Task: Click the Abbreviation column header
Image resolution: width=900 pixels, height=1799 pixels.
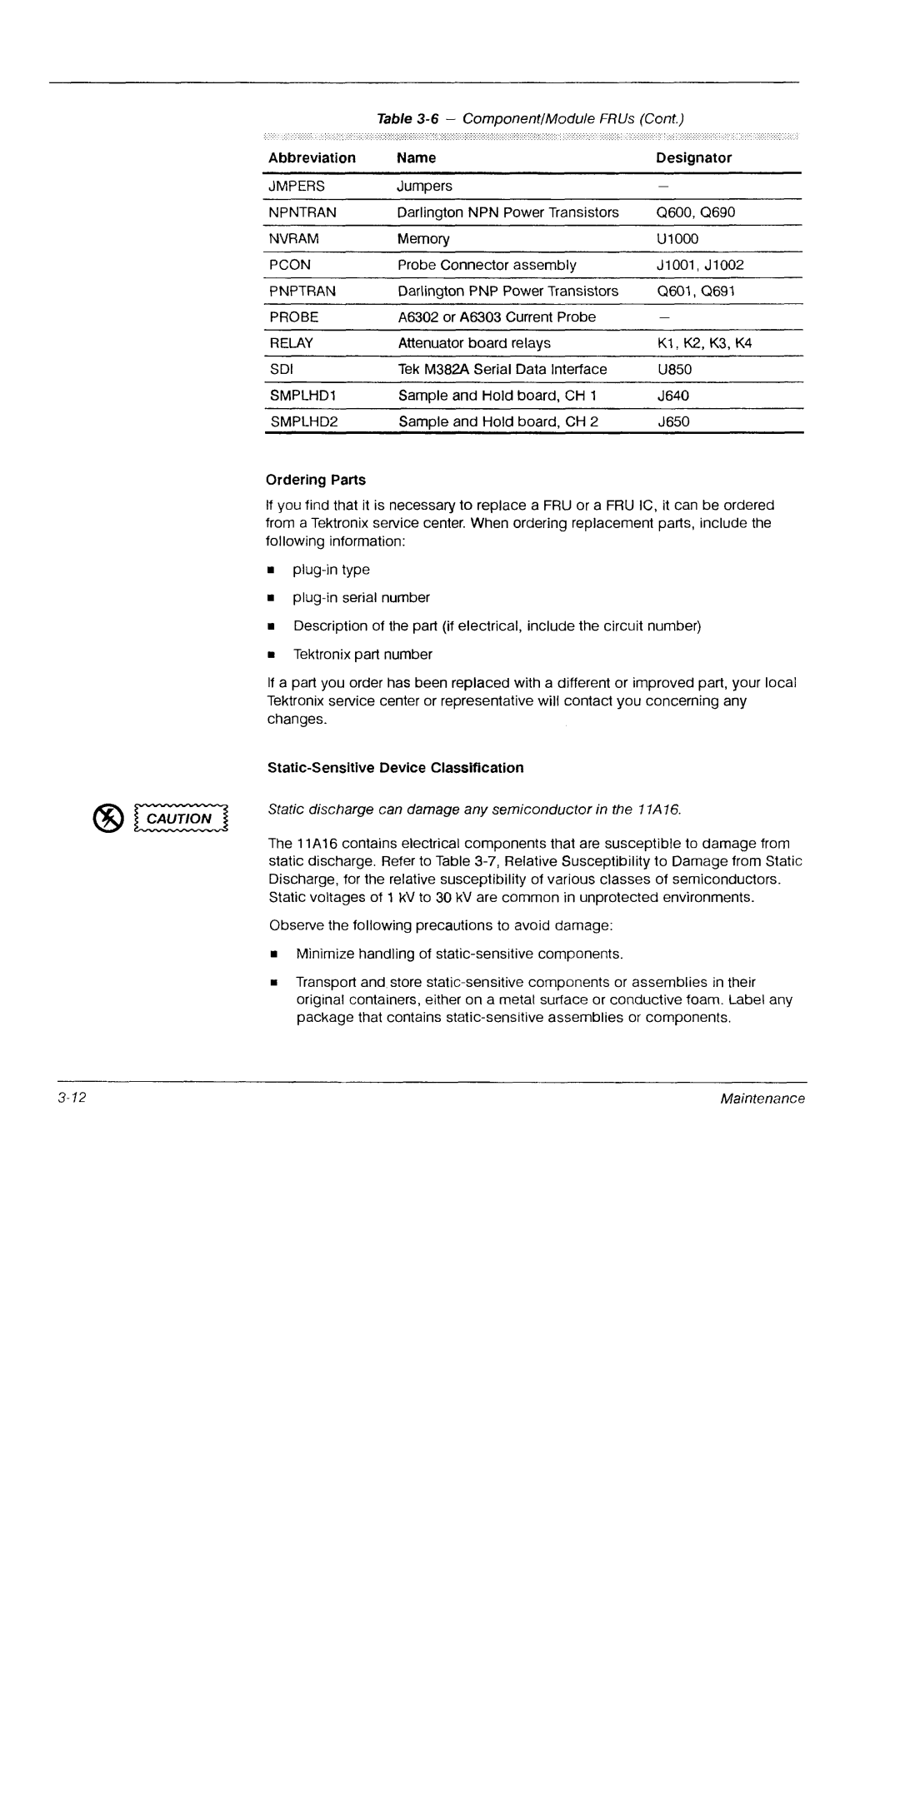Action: click(312, 158)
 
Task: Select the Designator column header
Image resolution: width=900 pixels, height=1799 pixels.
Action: click(693, 158)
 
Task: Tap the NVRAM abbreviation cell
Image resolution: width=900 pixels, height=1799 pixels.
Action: click(293, 239)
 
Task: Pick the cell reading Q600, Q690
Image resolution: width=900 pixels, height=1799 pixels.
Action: click(696, 212)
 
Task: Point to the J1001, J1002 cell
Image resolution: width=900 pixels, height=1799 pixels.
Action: click(700, 265)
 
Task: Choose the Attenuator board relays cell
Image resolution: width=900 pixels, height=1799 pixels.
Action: click(474, 343)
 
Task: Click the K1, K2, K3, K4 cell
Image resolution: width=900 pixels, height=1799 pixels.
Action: click(704, 343)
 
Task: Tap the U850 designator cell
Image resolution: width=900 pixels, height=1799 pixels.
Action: click(674, 369)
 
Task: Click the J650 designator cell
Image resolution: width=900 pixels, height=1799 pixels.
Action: click(673, 421)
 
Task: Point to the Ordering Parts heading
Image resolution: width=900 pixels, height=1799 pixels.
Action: click(316, 481)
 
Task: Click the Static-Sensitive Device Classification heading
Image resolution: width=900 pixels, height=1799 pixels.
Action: click(395, 768)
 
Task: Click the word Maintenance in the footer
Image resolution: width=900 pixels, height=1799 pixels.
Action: click(762, 1099)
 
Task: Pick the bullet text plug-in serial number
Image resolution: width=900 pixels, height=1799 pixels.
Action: click(361, 598)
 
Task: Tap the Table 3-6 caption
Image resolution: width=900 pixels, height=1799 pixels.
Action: click(531, 119)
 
